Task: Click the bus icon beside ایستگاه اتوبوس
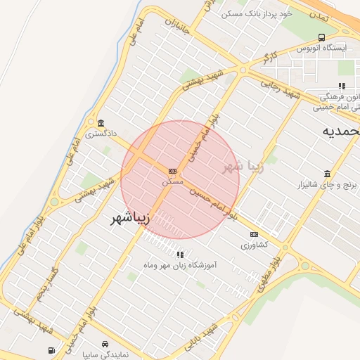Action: coord(321,37)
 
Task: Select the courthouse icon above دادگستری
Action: coord(101,122)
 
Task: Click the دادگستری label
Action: coord(101,132)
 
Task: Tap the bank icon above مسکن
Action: coord(172,171)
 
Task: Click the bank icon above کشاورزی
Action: coord(254,235)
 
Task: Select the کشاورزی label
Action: coord(254,245)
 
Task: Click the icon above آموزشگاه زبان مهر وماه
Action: coord(181,255)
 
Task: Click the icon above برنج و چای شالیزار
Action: coord(327,174)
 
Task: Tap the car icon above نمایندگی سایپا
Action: coord(105,344)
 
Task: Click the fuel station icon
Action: coord(51,350)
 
